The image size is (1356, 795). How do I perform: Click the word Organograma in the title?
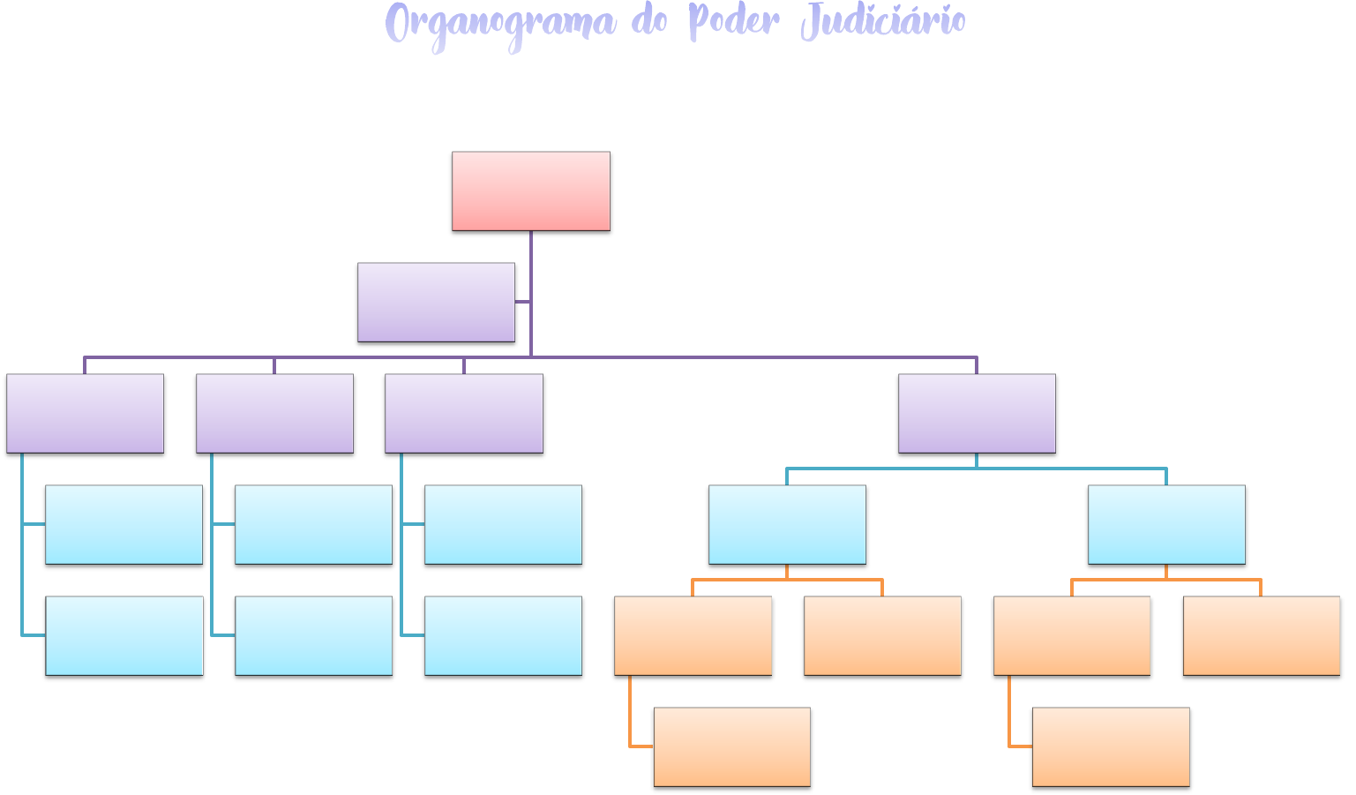click(x=499, y=23)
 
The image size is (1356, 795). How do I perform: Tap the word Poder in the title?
click(x=734, y=21)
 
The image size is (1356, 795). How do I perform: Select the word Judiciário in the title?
click(x=883, y=21)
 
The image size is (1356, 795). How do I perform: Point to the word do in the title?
click(x=649, y=21)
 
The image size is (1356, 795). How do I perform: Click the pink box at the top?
click(x=531, y=191)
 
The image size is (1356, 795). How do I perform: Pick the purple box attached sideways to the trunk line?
click(x=436, y=302)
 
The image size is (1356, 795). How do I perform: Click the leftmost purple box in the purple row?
click(x=85, y=413)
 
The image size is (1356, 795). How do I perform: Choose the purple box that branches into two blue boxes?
click(x=977, y=413)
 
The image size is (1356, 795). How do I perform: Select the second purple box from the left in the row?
click(x=274, y=413)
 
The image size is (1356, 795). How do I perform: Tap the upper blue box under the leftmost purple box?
click(x=124, y=524)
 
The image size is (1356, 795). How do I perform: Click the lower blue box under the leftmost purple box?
click(x=124, y=635)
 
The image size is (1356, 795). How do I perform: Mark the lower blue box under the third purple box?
click(x=503, y=635)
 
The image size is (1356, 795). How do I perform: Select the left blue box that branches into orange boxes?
click(x=787, y=524)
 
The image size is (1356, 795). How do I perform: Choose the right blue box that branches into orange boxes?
click(x=1166, y=524)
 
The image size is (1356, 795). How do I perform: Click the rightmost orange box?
click(x=1262, y=635)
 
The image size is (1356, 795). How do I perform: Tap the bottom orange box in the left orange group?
click(x=732, y=746)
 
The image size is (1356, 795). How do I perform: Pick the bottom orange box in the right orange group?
click(x=1111, y=746)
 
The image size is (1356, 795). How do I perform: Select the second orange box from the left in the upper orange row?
click(x=882, y=635)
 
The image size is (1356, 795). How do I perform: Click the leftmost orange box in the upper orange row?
click(x=693, y=635)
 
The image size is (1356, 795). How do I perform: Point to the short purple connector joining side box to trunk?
click(x=522, y=302)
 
